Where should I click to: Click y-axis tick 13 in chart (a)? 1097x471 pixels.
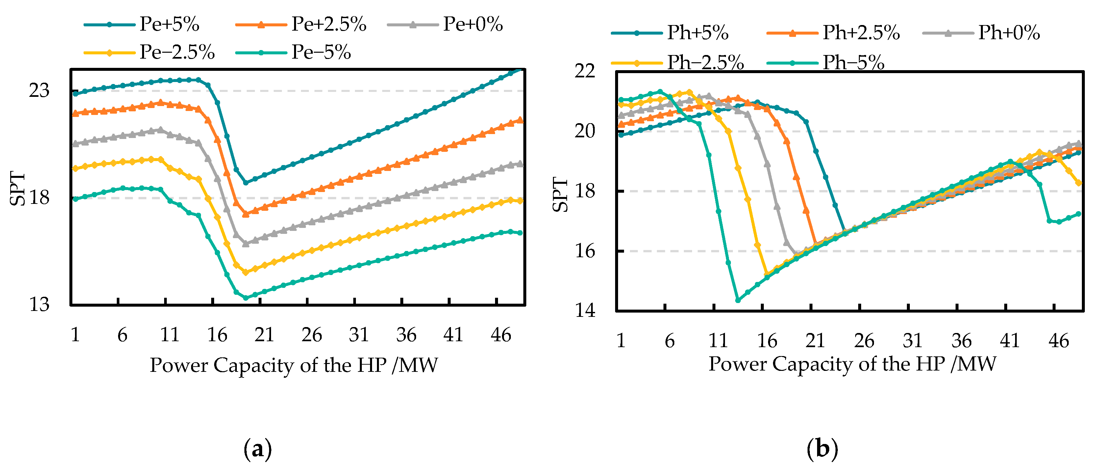39,305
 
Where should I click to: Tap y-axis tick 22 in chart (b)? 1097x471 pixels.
585,71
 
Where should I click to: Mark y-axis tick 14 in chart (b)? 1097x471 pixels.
585,310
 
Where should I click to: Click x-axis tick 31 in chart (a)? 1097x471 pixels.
359,335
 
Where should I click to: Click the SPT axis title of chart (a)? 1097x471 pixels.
17,188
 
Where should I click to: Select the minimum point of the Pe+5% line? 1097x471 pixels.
246,183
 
